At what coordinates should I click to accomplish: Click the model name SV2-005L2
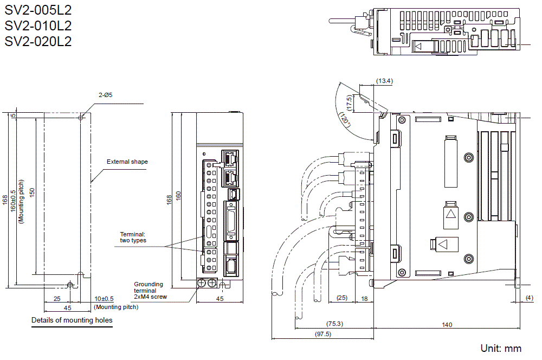click(x=38, y=9)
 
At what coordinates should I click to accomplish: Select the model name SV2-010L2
click(x=38, y=25)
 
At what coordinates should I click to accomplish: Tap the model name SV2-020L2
click(x=38, y=41)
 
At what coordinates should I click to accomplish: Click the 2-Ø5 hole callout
click(x=106, y=95)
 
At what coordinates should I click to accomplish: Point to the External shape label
click(x=127, y=162)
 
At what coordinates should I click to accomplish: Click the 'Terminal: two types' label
click(x=133, y=237)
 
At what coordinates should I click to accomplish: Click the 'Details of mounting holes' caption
click(x=72, y=320)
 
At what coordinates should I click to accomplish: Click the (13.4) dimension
click(x=384, y=81)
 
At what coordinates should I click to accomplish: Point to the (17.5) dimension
click(x=350, y=103)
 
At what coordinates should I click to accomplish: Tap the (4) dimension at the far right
click(x=529, y=298)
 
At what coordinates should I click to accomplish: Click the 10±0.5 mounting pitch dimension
click(x=104, y=299)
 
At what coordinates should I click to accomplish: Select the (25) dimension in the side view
click(x=341, y=298)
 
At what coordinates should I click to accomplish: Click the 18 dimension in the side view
click(x=364, y=298)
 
